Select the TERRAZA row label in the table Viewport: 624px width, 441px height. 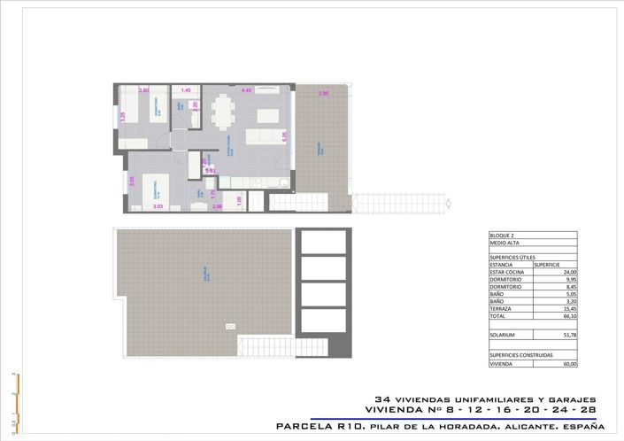point(501,308)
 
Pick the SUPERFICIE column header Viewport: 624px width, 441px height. point(547,264)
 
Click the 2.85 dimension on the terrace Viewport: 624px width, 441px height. point(324,93)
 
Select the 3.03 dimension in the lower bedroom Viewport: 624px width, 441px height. point(158,206)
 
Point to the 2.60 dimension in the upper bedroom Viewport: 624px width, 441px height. point(144,90)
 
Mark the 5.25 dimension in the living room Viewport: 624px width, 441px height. point(284,135)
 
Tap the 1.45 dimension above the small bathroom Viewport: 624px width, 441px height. point(186,90)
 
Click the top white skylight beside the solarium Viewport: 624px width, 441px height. point(323,242)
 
